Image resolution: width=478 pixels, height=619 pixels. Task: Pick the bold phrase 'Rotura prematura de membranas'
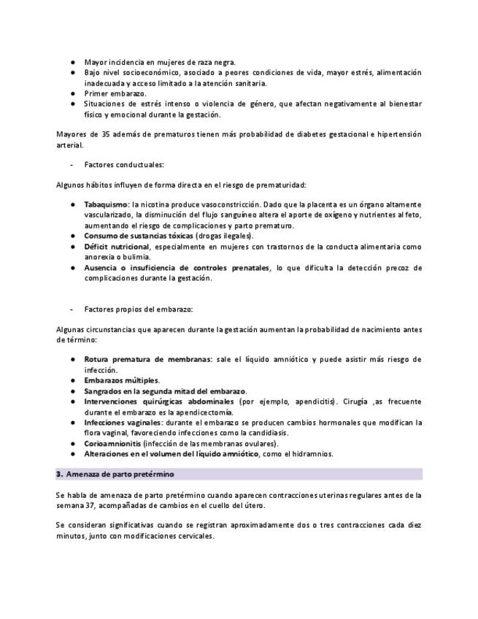click(x=147, y=359)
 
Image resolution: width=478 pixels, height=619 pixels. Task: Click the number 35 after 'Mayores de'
click(x=104, y=134)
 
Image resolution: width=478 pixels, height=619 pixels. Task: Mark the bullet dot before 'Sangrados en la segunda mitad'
click(x=74, y=391)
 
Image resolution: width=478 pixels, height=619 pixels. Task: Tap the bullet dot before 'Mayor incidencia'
click(x=74, y=62)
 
